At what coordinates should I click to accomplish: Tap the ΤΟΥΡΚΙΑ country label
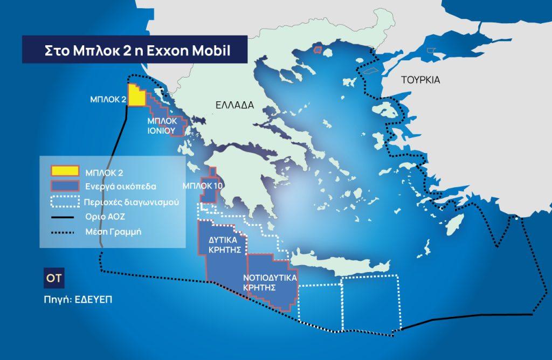click(x=420, y=80)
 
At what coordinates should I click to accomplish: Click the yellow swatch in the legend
click(x=65, y=172)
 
